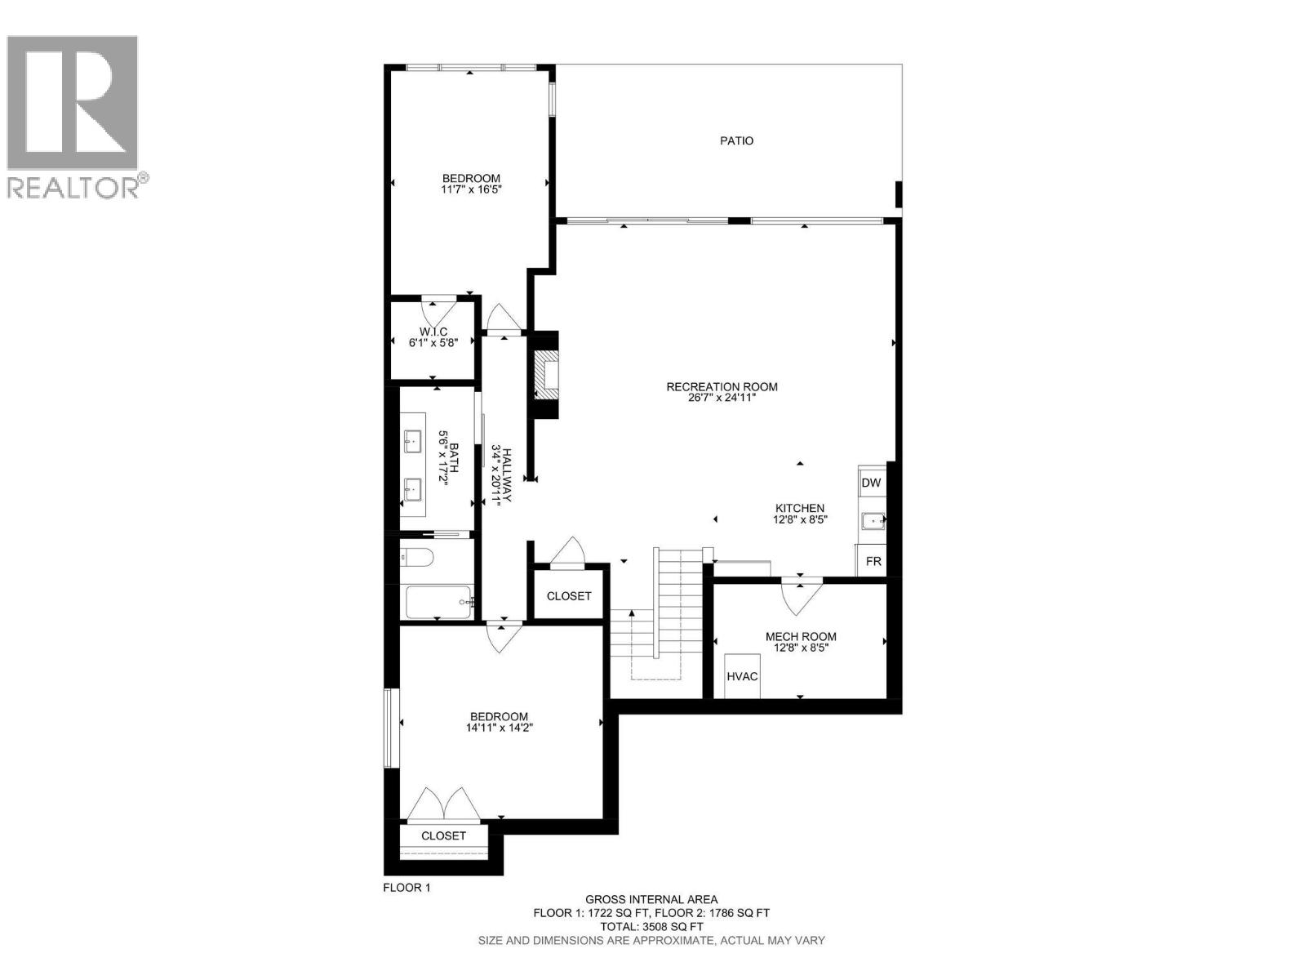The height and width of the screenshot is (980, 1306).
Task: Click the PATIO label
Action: [736, 140]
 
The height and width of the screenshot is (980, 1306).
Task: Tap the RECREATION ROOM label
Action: [722, 387]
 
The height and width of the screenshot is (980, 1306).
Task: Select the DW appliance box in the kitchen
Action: [871, 483]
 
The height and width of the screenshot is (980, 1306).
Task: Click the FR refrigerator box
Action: [873, 562]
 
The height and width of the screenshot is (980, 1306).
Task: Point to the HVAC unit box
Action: [742, 676]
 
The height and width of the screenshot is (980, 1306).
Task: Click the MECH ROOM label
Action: [800, 637]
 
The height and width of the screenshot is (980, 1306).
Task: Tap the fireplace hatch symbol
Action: [545, 375]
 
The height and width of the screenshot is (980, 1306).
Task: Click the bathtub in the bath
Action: [439, 603]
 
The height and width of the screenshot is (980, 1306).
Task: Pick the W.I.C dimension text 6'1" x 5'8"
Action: [433, 343]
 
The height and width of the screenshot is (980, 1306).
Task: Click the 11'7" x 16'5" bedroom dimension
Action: [471, 189]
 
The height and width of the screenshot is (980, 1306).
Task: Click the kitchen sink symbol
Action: [873, 519]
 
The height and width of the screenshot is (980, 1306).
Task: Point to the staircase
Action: [657, 612]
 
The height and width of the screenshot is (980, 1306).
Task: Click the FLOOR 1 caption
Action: [406, 888]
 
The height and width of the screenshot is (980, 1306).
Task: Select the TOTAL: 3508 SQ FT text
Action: [651, 926]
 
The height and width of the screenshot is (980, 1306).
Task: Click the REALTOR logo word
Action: [73, 188]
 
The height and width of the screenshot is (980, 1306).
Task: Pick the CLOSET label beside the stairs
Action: [568, 596]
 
